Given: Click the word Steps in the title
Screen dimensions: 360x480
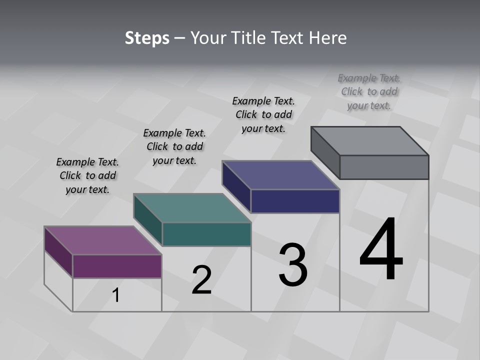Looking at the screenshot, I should click(x=147, y=38).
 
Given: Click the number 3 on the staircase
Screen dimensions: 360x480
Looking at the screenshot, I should click(x=293, y=265).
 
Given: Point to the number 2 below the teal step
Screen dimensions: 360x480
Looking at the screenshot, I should click(x=201, y=280).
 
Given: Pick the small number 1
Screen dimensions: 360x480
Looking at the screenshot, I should click(x=116, y=295).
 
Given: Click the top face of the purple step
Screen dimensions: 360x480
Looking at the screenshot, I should click(x=102, y=240).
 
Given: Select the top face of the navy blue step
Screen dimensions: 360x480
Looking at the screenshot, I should click(x=280, y=175).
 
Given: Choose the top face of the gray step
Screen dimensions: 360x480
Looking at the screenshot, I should click(x=369, y=141).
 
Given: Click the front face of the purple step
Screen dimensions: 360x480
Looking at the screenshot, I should click(x=117, y=266).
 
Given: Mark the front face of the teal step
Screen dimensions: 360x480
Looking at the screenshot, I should click(x=206, y=234).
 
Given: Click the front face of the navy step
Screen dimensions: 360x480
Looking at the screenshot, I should click(x=295, y=201).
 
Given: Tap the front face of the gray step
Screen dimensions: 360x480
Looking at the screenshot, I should click(x=384, y=167).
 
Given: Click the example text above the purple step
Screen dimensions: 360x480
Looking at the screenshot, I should click(x=87, y=175).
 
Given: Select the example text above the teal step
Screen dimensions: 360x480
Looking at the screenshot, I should click(x=174, y=146).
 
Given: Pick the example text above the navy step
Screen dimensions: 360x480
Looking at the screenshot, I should click(x=263, y=114).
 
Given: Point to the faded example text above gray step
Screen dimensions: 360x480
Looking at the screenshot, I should click(x=369, y=91).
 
